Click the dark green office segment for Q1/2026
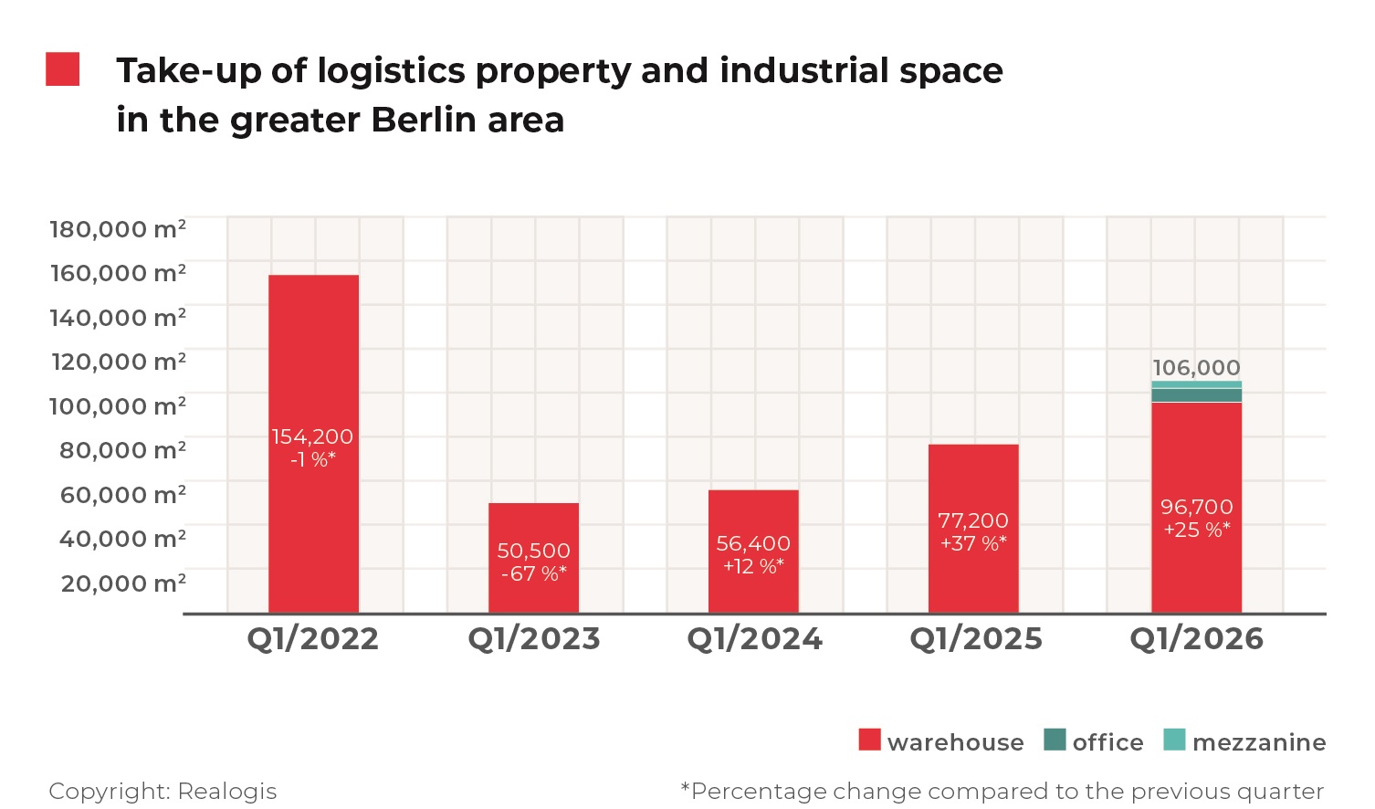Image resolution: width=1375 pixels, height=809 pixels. [1196, 395]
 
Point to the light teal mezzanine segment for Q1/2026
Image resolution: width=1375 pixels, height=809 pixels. [1196, 384]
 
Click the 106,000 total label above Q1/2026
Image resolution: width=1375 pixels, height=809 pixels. [1196, 368]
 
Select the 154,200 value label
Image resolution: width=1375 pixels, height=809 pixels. [312, 437]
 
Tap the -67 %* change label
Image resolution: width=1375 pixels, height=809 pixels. [534, 574]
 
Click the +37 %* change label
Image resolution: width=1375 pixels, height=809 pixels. [973, 544]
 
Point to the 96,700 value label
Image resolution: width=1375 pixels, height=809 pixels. [1196, 508]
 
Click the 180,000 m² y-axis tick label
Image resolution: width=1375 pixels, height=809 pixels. [118, 228]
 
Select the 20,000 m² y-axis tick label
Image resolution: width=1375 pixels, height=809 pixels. [123, 583]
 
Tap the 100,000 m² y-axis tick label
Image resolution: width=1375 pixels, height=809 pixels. [118, 405]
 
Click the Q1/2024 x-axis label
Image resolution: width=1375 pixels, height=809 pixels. [754, 639]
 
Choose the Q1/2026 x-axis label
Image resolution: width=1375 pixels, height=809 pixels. [1196, 639]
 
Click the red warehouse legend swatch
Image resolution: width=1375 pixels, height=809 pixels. [869, 740]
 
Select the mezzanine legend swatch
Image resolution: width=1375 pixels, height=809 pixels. [1174, 740]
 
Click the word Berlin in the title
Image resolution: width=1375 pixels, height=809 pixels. [423, 121]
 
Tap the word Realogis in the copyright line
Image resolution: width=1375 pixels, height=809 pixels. [226, 791]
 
